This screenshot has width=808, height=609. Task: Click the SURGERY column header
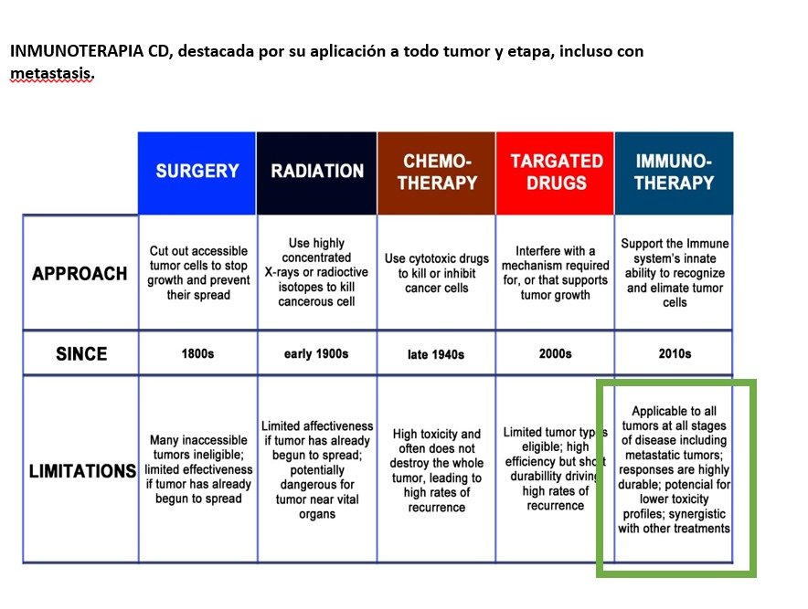[x=197, y=173]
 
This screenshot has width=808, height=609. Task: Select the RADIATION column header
[x=316, y=173]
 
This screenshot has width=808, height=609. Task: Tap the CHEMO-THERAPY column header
[x=437, y=173]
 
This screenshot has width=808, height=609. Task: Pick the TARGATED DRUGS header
[x=556, y=173]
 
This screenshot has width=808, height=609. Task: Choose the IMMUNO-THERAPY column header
[x=674, y=173]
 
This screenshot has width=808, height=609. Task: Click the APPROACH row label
[x=80, y=273]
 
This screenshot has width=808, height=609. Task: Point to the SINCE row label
[x=81, y=353]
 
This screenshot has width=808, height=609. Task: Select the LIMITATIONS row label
[x=81, y=470]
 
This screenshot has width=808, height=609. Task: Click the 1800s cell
[x=197, y=353]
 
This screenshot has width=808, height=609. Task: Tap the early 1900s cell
[x=316, y=353]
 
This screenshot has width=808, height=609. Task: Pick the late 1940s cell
[x=436, y=354]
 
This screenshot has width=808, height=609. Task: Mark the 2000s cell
[x=555, y=353]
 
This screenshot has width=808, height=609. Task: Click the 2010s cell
[x=675, y=353]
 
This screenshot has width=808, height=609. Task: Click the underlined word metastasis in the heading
[x=51, y=74]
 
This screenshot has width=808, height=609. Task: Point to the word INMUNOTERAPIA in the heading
[x=77, y=51]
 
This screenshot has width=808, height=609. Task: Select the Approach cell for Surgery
[x=198, y=273]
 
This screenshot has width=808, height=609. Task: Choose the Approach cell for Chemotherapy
[x=437, y=273]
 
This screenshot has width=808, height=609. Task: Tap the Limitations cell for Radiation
[x=317, y=469]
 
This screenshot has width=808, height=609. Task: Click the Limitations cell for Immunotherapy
[x=674, y=469]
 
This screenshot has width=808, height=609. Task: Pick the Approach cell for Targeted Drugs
[x=555, y=273]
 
